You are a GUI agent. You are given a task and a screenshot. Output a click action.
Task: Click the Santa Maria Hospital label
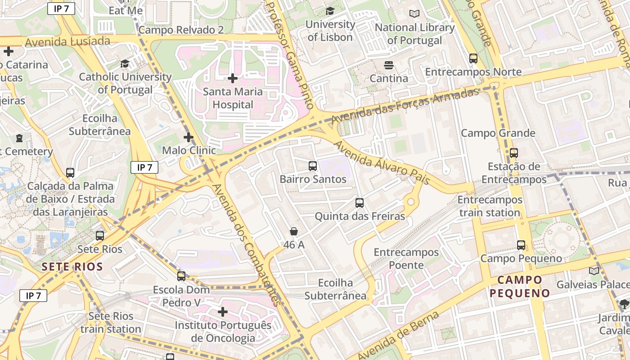(233, 98)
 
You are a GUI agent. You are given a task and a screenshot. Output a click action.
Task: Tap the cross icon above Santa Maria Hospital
(233, 79)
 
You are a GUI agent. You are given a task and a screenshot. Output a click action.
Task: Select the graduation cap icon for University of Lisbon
(330, 11)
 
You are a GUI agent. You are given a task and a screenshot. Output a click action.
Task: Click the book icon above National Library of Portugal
(414, 14)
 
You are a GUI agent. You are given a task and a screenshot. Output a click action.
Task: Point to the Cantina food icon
(389, 65)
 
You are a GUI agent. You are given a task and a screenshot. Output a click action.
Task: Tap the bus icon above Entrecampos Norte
(473, 58)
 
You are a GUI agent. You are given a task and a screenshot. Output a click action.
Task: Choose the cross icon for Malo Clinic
(189, 137)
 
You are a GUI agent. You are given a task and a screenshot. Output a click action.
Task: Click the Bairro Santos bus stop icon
(313, 166)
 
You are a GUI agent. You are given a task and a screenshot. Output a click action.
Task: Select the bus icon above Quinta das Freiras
(360, 203)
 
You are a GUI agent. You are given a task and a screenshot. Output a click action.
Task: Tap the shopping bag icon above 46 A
(294, 232)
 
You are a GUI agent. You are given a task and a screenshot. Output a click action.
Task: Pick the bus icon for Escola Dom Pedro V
(181, 276)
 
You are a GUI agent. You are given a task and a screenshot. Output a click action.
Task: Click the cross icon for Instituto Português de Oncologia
(223, 312)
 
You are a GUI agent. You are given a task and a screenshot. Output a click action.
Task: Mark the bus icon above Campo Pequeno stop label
(521, 245)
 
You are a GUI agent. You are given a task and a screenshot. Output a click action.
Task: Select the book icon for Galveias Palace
(594, 271)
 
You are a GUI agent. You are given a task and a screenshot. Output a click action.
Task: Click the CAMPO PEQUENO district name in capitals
(520, 287)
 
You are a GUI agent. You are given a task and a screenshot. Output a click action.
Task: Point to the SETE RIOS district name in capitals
(72, 266)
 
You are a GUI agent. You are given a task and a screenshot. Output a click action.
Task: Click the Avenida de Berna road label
(399, 335)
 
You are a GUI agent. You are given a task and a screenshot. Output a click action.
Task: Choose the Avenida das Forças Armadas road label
(405, 107)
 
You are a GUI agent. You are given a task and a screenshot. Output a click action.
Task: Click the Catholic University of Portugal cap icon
(125, 64)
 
